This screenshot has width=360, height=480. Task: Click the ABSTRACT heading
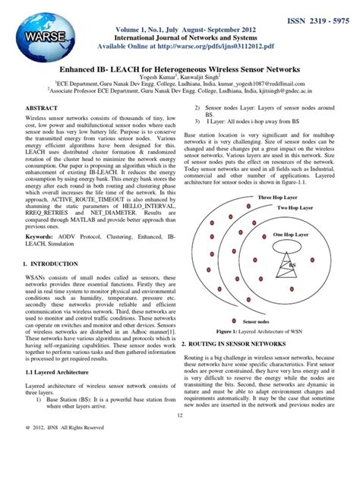tap(36, 109)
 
